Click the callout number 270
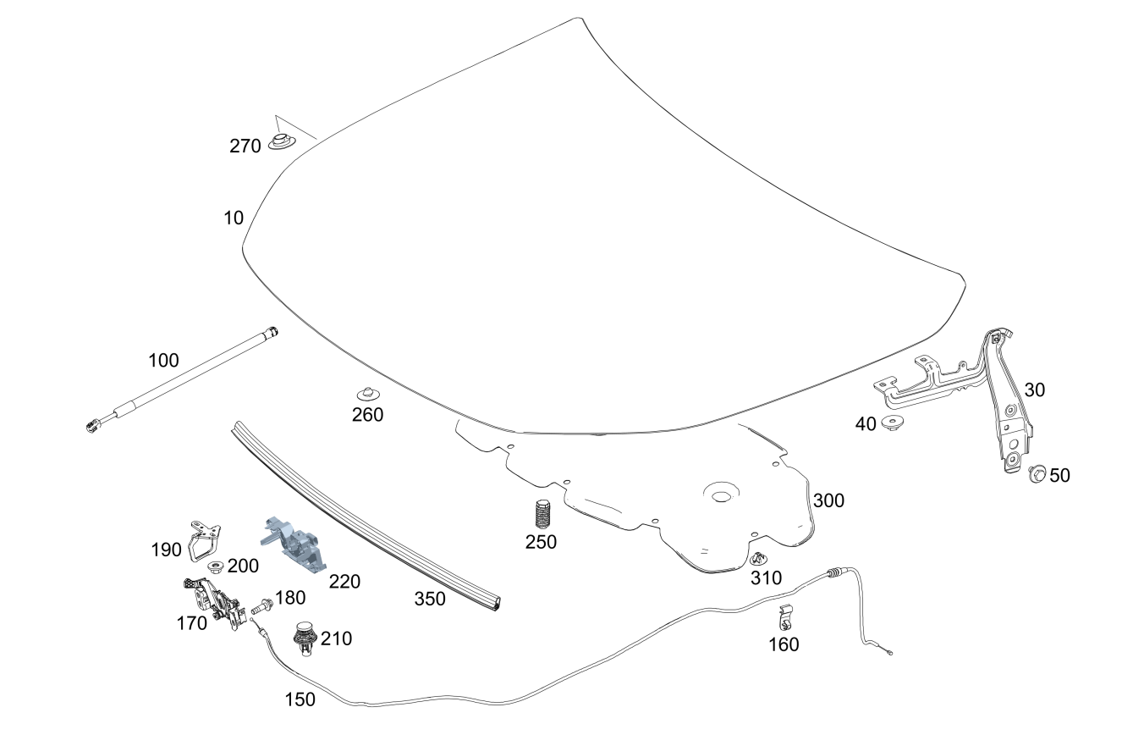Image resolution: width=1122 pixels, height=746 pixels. tap(245, 146)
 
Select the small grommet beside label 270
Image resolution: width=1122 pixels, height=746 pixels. tap(283, 141)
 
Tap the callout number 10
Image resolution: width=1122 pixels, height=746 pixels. tap(234, 218)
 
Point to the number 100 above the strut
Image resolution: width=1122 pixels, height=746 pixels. tap(163, 360)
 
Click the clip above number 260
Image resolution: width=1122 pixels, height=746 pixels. tap(368, 394)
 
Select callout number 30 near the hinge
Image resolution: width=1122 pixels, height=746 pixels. tap(1034, 390)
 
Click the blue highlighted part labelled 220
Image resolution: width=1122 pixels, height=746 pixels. tap(293, 544)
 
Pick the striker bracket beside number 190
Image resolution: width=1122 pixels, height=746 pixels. tap(205, 541)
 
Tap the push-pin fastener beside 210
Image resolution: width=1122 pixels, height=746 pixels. tap(305, 638)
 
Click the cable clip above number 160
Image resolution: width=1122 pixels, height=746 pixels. tap(786, 617)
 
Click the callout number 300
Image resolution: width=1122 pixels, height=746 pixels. tap(828, 500)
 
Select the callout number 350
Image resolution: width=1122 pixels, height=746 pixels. tap(430, 599)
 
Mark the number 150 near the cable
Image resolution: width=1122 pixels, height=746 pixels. tap(300, 699)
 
